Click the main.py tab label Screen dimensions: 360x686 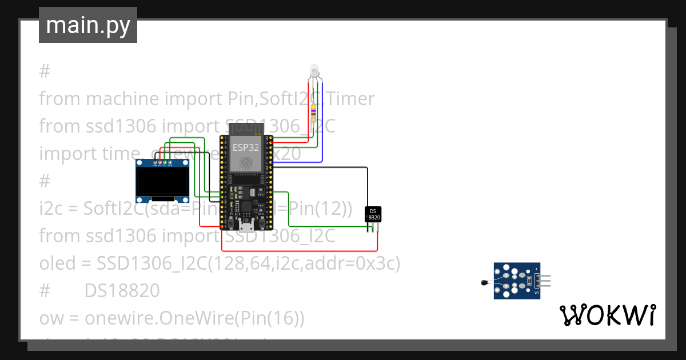click(87, 25)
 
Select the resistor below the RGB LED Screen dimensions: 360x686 click(314, 109)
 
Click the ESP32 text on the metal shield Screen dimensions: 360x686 click(245, 147)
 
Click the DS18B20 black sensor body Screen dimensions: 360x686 click(373, 214)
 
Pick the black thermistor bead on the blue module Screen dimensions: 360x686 click(484, 282)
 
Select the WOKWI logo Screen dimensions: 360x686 click(607, 315)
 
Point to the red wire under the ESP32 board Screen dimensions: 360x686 click(297, 250)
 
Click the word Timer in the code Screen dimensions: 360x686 click(351, 99)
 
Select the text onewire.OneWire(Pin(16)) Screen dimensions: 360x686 click(194, 318)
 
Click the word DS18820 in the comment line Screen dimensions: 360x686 click(122, 291)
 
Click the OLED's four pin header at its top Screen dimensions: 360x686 click(162, 164)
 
